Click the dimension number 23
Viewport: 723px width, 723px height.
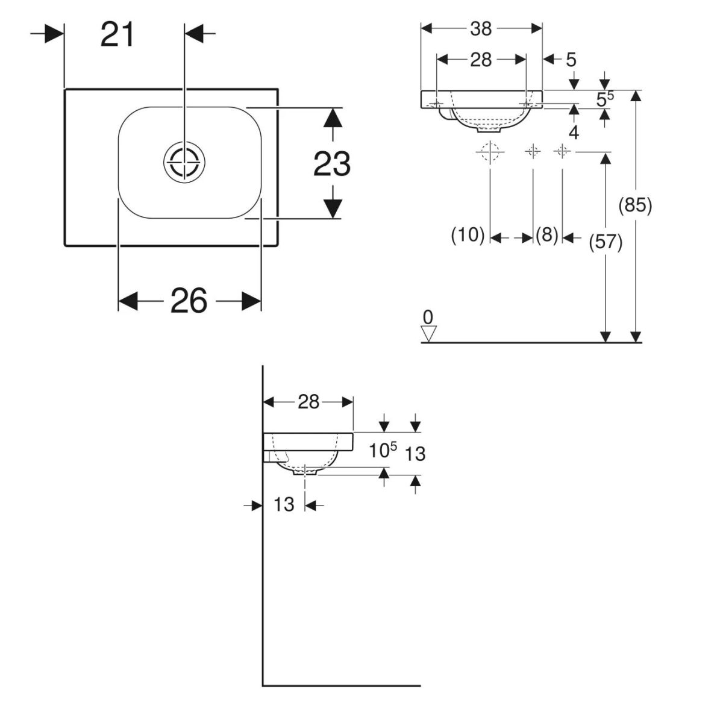tap(332, 163)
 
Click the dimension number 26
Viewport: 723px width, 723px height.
tap(189, 301)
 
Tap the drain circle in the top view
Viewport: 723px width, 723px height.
tap(185, 162)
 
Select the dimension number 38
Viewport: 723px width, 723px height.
tap(481, 28)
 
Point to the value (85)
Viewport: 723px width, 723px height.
tap(635, 206)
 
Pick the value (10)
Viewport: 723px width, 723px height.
tap(468, 235)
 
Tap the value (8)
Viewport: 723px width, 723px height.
tap(547, 235)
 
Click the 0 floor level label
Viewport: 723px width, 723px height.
tap(428, 317)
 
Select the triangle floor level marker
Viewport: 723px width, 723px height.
tap(428, 333)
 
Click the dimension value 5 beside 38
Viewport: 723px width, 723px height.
tap(571, 60)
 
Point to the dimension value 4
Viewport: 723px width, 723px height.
tap(574, 133)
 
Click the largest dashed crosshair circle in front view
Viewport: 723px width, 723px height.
tap(490, 151)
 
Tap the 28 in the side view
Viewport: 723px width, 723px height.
tap(308, 402)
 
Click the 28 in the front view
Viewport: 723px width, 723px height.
tap(481, 60)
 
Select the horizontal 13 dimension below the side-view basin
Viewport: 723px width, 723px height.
tap(284, 504)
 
